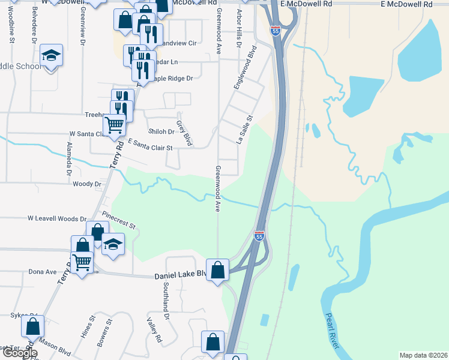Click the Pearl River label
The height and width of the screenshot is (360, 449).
pos(333,332)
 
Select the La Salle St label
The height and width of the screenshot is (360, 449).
pos(244,130)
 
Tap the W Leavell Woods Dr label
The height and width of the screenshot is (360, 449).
pos(57,220)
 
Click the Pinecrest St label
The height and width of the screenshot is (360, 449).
pos(119,219)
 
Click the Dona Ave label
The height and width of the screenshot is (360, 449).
pos(42,272)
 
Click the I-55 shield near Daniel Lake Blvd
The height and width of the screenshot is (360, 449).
pos(259,236)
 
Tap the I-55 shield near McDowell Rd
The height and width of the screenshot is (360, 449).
pos(275,31)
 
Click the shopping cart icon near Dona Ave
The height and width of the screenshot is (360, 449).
pos(82,260)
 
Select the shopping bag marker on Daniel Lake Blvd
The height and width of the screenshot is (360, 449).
pos(217,269)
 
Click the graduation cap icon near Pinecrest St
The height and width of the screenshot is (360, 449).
pos(112,244)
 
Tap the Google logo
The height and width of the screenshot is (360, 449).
pos(20,353)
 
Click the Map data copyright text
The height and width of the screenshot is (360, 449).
pos(423,355)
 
